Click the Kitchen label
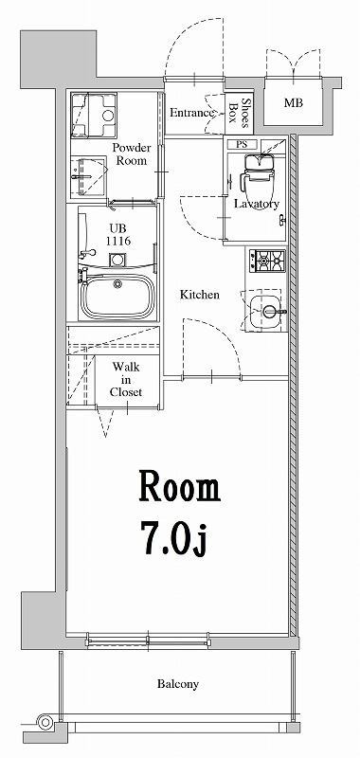click(200, 296)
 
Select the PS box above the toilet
click(243, 145)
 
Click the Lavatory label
click(255, 205)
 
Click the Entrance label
click(193, 113)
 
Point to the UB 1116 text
click(117, 235)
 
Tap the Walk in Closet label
click(126, 378)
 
